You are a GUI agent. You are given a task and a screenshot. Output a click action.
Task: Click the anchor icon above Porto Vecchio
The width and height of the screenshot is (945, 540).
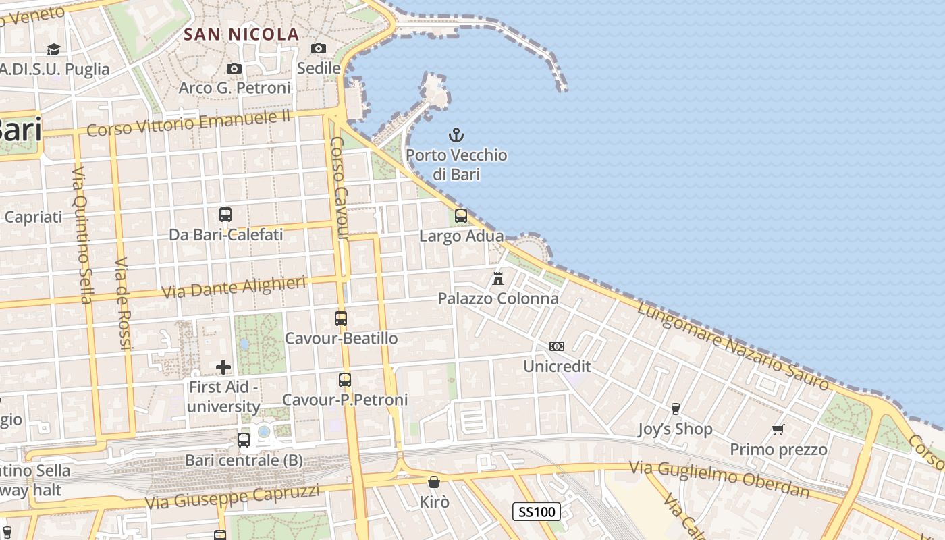(x=456, y=135)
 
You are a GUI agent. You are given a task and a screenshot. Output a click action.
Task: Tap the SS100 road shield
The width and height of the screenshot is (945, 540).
(x=537, y=512)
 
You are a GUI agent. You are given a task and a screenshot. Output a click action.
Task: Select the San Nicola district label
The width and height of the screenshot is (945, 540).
(x=241, y=34)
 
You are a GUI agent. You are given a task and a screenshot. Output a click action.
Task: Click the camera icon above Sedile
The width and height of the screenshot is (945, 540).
(x=319, y=48)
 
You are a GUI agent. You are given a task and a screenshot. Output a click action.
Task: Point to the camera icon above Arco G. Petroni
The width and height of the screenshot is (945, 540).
(x=234, y=68)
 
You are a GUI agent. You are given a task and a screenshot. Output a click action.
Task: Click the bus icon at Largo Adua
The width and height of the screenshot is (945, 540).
(x=461, y=216)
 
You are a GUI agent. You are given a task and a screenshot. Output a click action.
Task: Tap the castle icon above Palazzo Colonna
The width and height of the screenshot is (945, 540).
(x=498, y=278)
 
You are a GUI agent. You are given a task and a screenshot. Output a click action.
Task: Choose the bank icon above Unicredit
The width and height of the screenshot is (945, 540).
(x=557, y=346)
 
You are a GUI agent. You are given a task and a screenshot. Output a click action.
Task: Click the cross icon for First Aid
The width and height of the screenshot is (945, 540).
(x=223, y=367)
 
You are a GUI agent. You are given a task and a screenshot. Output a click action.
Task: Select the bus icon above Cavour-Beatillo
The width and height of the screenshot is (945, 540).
(x=341, y=319)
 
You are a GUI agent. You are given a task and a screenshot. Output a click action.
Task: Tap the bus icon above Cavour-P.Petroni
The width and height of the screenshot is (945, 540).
(x=345, y=380)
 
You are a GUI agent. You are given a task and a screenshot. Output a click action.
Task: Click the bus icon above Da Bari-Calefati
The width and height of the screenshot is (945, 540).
(x=225, y=215)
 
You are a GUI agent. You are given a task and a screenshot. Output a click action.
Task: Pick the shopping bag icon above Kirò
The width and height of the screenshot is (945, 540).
(x=434, y=482)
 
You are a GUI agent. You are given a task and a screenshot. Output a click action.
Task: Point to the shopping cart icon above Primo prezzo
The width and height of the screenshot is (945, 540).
(x=778, y=429)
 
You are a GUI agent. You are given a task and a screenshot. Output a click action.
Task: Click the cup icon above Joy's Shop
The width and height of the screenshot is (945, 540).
(x=675, y=408)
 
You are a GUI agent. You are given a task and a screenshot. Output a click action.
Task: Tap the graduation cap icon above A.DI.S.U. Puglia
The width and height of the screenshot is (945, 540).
(x=53, y=49)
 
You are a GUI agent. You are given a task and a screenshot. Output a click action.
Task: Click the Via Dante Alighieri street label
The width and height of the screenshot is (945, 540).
(x=234, y=288)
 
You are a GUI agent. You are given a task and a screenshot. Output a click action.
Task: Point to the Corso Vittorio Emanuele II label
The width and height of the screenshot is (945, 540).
(x=188, y=123)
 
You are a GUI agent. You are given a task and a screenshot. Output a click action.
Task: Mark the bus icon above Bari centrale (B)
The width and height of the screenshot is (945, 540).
(x=244, y=440)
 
